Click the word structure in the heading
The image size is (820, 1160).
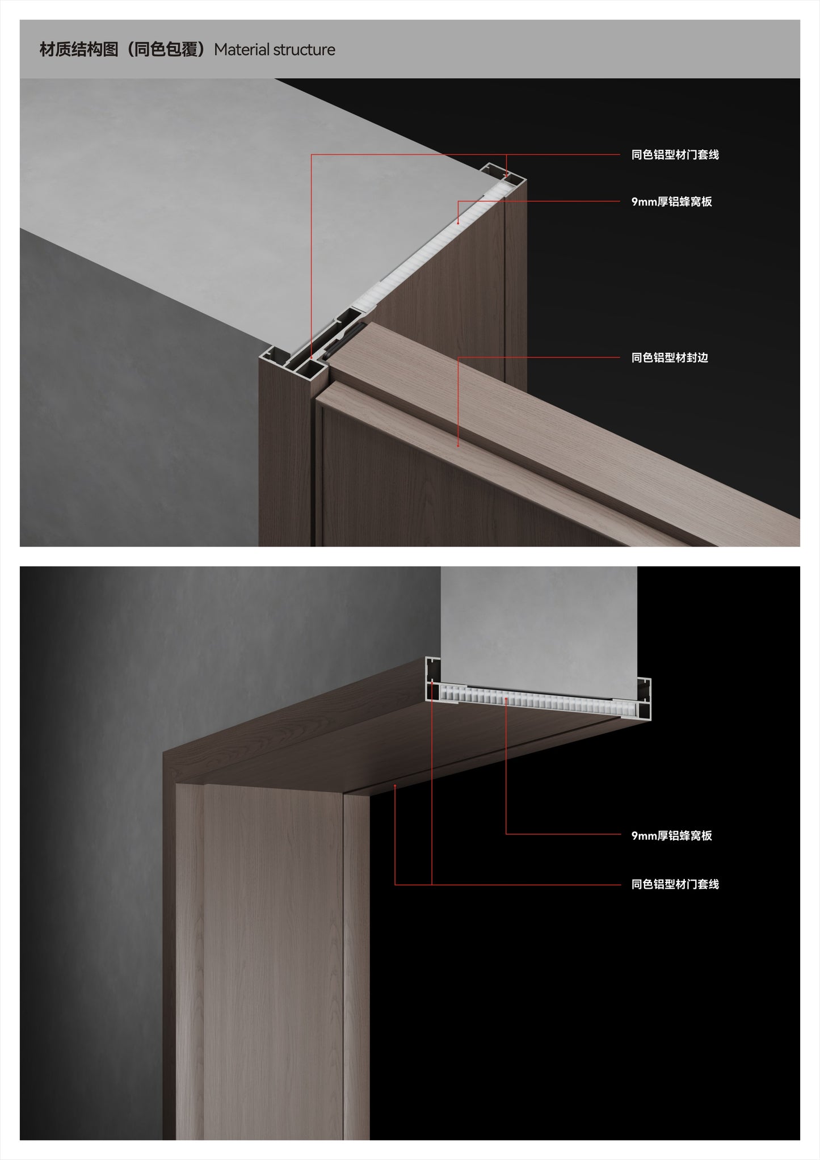(304, 50)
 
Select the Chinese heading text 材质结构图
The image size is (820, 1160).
(79, 50)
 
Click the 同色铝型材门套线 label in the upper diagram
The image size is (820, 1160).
(675, 155)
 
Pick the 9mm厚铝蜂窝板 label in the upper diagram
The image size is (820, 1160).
(671, 202)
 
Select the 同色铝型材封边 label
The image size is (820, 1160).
(670, 358)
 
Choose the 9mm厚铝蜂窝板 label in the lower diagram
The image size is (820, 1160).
(671, 835)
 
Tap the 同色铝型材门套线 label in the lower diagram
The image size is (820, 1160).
(675, 884)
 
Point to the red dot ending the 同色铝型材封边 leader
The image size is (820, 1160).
(459, 445)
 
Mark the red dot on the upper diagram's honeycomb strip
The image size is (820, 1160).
(459, 223)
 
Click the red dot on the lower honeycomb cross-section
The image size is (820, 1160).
(506, 700)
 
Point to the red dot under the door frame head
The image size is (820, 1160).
(395, 786)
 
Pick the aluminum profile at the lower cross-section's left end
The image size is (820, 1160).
(433, 679)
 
